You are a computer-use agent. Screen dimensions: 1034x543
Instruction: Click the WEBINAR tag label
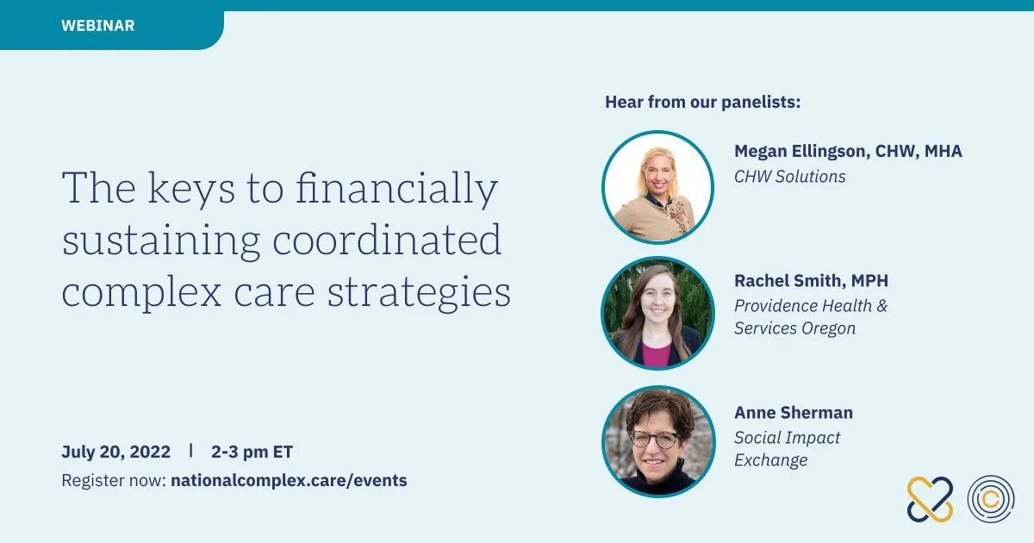click(98, 25)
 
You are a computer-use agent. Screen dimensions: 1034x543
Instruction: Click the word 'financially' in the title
click(396, 189)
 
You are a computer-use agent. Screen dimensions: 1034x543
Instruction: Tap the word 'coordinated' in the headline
click(387, 240)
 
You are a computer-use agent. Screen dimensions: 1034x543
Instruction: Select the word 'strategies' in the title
click(419, 293)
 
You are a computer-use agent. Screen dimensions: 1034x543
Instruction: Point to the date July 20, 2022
click(115, 452)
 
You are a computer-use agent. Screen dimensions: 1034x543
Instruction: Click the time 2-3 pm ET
click(252, 452)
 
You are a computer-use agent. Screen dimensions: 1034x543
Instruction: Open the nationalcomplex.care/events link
click(289, 480)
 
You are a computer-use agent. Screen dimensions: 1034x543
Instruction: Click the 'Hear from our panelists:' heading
click(702, 102)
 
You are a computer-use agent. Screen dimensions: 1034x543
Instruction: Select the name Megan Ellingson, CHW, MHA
click(848, 151)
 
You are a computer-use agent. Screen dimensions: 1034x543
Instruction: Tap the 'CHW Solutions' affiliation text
click(790, 177)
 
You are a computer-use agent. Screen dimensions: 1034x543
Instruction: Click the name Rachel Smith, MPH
click(811, 280)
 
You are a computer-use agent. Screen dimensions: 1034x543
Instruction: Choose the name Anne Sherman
click(794, 412)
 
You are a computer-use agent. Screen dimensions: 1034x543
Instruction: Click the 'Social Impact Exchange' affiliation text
click(787, 449)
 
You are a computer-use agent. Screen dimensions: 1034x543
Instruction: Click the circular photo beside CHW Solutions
click(657, 188)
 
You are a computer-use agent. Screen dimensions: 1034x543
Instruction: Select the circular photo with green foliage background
click(657, 313)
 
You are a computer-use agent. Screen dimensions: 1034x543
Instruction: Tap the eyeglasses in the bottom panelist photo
click(656, 439)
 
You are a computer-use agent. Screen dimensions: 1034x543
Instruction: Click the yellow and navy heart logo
click(930, 500)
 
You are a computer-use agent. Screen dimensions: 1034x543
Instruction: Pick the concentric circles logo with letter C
click(991, 499)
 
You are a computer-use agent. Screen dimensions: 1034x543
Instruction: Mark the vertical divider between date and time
click(190, 450)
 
